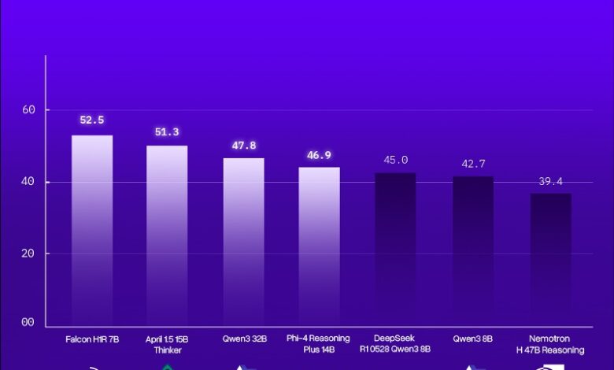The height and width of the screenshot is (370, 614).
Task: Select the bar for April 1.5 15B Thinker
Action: click(167, 235)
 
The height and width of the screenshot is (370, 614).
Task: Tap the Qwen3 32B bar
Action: click(243, 242)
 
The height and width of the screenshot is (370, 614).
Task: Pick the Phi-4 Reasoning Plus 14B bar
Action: click(319, 246)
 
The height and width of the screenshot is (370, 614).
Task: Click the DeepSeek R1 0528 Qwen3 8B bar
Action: click(395, 250)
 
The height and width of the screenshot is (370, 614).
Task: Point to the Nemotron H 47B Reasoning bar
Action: click(550, 260)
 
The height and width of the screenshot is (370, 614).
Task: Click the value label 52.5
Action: click(92, 120)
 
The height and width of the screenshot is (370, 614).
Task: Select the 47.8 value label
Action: click(243, 146)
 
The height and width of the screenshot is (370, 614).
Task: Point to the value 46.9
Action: click(319, 156)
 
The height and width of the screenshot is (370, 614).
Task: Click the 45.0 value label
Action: click(395, 160)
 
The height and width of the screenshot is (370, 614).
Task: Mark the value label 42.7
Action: click(473, 165)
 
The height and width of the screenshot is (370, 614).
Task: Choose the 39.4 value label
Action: click(550, 182)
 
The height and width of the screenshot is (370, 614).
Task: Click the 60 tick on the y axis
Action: click(29, 110)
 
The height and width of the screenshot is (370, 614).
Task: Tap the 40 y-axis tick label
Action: click(29, 182)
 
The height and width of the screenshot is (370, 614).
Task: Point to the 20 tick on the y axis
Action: click(29, 253)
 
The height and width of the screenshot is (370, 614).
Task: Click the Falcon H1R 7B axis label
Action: click(92, 339)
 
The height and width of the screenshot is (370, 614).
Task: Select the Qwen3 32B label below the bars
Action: click(243, 339)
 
